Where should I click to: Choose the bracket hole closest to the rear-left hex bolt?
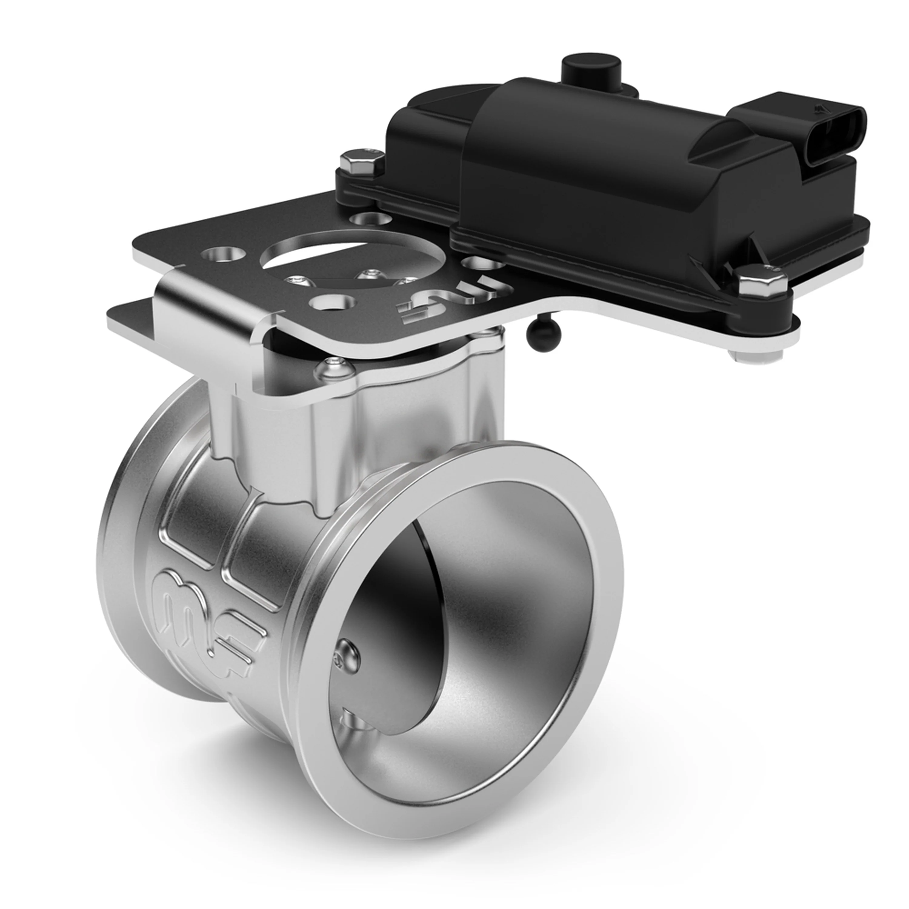click(369, 217)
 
